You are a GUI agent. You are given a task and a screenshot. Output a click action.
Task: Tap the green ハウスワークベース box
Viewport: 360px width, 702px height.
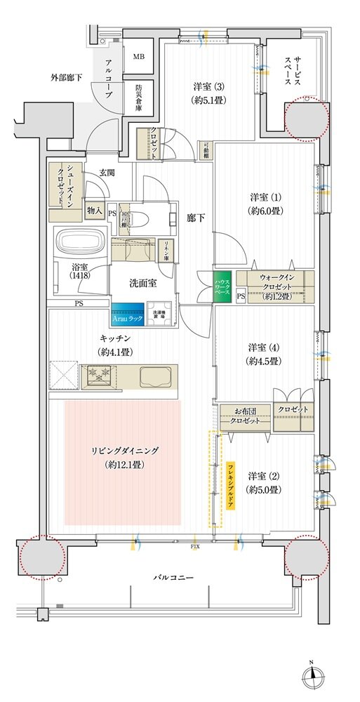[222, 286]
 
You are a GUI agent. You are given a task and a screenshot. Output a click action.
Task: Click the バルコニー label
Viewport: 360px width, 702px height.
[175, 577]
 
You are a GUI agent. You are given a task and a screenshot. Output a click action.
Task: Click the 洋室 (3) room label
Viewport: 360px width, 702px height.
[209, 93]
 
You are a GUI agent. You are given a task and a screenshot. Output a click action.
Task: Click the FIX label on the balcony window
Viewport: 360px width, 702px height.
[195, 544]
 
